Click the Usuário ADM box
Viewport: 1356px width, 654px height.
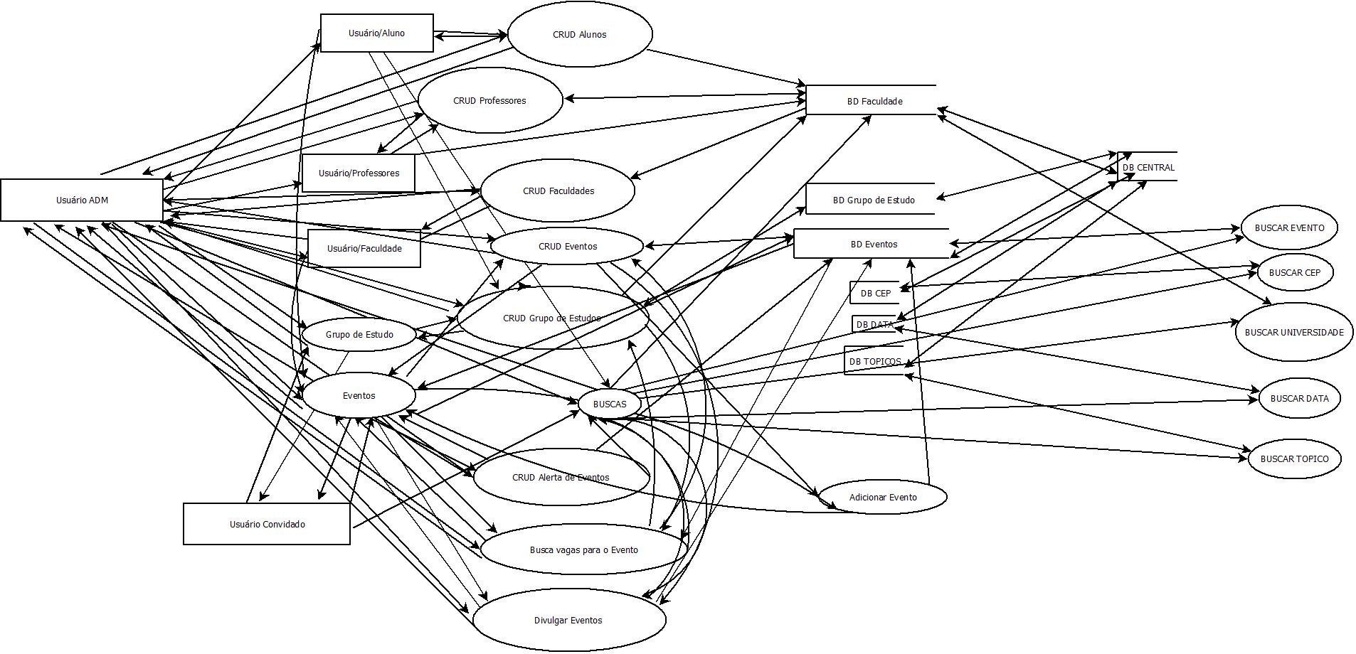[82, 200]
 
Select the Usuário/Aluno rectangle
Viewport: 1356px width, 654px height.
[376, 33]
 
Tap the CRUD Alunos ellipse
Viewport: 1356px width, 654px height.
[579, 34]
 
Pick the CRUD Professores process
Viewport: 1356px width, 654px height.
[489, 100]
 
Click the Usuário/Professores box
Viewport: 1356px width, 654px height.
[359, 173]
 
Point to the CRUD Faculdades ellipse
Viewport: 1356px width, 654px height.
[558, 191]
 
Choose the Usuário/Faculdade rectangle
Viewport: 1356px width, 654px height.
[364, 248]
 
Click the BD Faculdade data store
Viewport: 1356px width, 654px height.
[874, 101]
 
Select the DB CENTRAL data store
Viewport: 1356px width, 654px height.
[1148, 167]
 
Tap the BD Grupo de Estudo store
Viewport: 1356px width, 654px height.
[873, 200]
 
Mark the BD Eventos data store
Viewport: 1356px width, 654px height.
[873, 244]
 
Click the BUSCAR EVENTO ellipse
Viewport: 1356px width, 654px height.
[1289, 227]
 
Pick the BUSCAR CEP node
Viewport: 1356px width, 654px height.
[1294, 272]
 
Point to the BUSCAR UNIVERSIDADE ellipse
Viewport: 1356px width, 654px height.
[1293, 332]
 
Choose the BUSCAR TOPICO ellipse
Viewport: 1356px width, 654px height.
[1293, 459]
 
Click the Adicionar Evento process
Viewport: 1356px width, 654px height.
[882, 497]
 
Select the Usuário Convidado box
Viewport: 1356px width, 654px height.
[267, 524]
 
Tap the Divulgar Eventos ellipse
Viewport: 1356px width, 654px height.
[568, 620]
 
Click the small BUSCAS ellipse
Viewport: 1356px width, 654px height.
[610, 404]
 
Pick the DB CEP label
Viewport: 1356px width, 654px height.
[875, 293]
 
